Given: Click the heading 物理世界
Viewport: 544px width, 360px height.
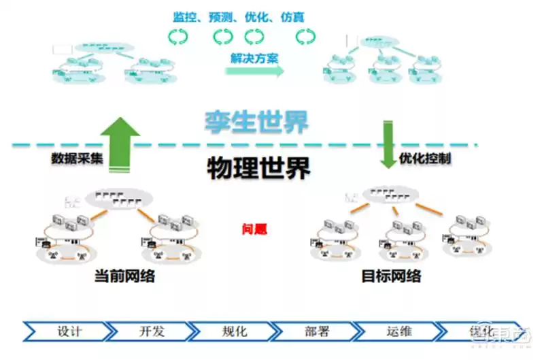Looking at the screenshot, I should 258,167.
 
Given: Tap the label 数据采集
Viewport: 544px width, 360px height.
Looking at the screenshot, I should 77,158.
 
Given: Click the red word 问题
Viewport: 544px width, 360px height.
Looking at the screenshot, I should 256,229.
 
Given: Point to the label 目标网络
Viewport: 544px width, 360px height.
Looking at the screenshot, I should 391,277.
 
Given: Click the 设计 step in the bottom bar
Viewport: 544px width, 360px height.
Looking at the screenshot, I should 69,331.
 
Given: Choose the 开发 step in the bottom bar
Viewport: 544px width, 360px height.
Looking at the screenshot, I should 152,331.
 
